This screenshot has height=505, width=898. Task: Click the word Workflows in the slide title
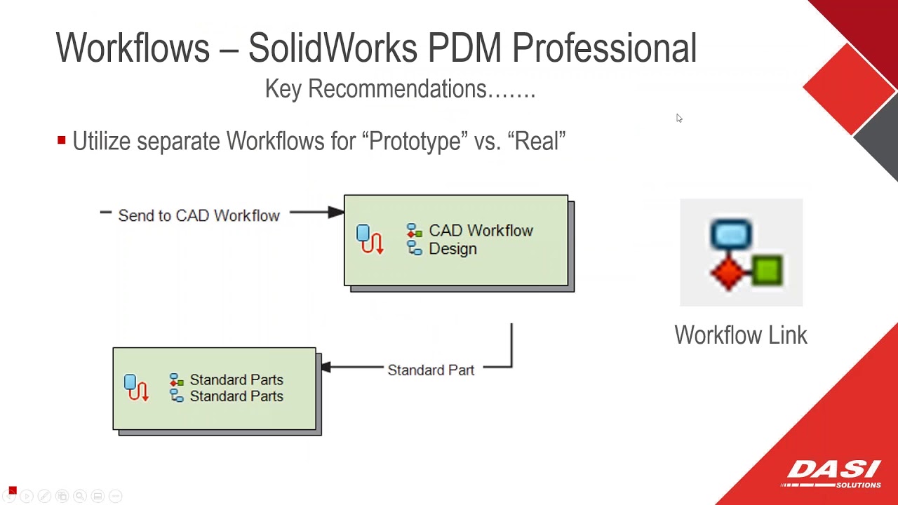coord(133,48)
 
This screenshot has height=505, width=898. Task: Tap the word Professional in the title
coord(604,48)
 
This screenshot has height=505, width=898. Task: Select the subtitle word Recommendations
coord(397,89)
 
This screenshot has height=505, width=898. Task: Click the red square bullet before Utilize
coord(62,140)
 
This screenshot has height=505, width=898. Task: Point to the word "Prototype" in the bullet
coord(415,141)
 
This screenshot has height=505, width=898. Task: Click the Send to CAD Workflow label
coord(199,215)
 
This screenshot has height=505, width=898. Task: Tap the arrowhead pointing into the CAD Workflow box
coord(336,212)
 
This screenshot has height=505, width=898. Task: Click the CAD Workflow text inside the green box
coord(481,231)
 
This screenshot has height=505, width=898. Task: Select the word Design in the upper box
coord(453,249)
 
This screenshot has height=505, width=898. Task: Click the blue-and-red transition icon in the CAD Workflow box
coord(370,239)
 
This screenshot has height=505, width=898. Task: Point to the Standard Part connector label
coord(431,370)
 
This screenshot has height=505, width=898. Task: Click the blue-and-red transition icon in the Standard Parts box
coord(136,387)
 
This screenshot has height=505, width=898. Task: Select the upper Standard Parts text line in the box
coord(236,379)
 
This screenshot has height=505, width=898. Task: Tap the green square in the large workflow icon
coord(768,270)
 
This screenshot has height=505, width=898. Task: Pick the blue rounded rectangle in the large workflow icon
coord(731,234)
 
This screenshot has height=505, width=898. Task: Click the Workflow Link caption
coord(741,335)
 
